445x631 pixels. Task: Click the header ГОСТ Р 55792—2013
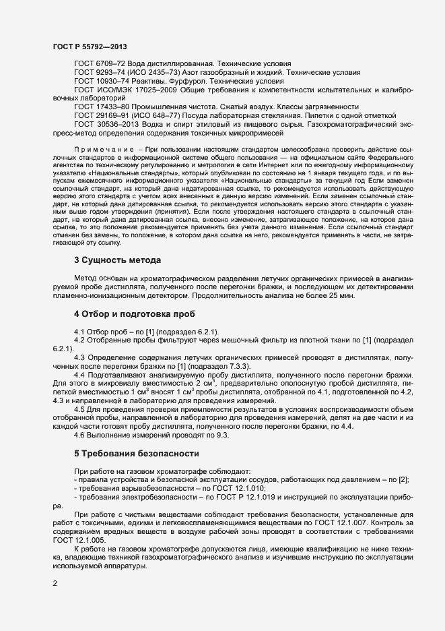tap(90, 47)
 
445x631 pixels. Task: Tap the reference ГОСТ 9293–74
tap(100, 71)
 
